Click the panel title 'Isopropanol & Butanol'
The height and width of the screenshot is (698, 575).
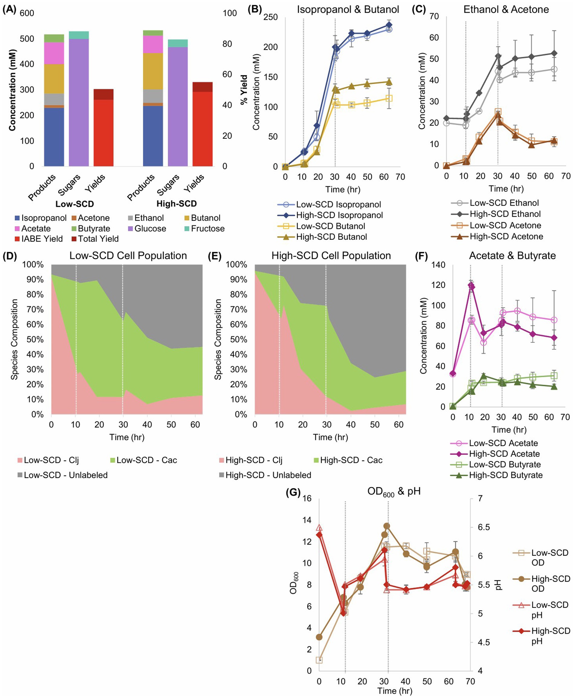coord(348,9)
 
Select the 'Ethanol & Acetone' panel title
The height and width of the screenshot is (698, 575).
coord(506,9)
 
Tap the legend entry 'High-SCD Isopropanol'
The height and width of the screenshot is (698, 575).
coord(339,215)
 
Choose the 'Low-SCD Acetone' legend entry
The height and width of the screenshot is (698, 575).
coord(505,226)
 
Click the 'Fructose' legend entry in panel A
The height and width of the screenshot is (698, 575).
coord(207,229)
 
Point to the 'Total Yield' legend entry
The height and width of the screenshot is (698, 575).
coord(98,239)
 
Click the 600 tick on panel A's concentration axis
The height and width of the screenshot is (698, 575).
coord(27,13)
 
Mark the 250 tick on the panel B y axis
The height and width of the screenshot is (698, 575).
coord(270,17)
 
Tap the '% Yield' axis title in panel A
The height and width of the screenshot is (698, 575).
coord(244,90)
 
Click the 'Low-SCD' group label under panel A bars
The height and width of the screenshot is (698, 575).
coord(75,204)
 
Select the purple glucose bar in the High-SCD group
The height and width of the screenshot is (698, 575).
coord(177,106)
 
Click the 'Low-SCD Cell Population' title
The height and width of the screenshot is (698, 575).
coord(128,256)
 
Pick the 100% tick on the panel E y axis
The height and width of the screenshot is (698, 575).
coord(236,265)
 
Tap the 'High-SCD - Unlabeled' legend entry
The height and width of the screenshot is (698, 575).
coord(268,475)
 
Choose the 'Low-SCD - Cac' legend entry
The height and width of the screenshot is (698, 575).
coord(146,460)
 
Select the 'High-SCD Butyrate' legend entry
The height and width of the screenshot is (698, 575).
coord(505,475)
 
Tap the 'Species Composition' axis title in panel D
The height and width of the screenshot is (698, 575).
coord(14,339)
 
